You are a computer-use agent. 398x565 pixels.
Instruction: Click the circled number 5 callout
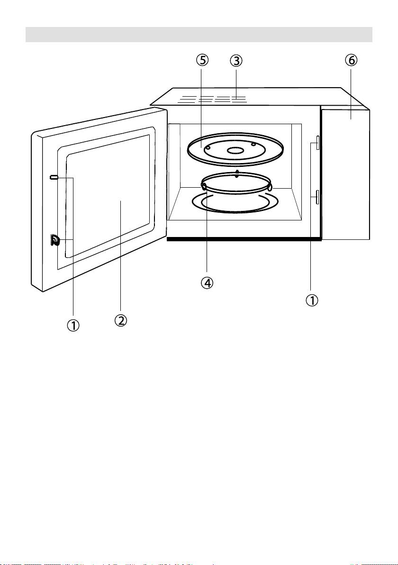(203, 61)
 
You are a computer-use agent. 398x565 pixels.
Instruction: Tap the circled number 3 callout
(236, 61)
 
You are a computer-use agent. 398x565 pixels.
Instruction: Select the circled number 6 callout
(351, 61)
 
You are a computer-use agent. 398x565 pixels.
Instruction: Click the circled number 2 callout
(121, 320)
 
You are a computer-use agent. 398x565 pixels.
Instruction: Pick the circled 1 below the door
(73, 326)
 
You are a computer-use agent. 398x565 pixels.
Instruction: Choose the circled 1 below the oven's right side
(311, 301)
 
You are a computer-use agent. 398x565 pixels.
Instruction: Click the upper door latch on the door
(54, 177)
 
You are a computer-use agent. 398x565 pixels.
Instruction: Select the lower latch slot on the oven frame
(317, 196)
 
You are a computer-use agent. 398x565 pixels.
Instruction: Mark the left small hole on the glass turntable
(208, 148)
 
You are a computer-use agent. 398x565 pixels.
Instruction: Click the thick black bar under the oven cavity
(244, 239)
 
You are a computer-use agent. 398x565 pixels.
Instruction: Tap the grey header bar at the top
(199, 34)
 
